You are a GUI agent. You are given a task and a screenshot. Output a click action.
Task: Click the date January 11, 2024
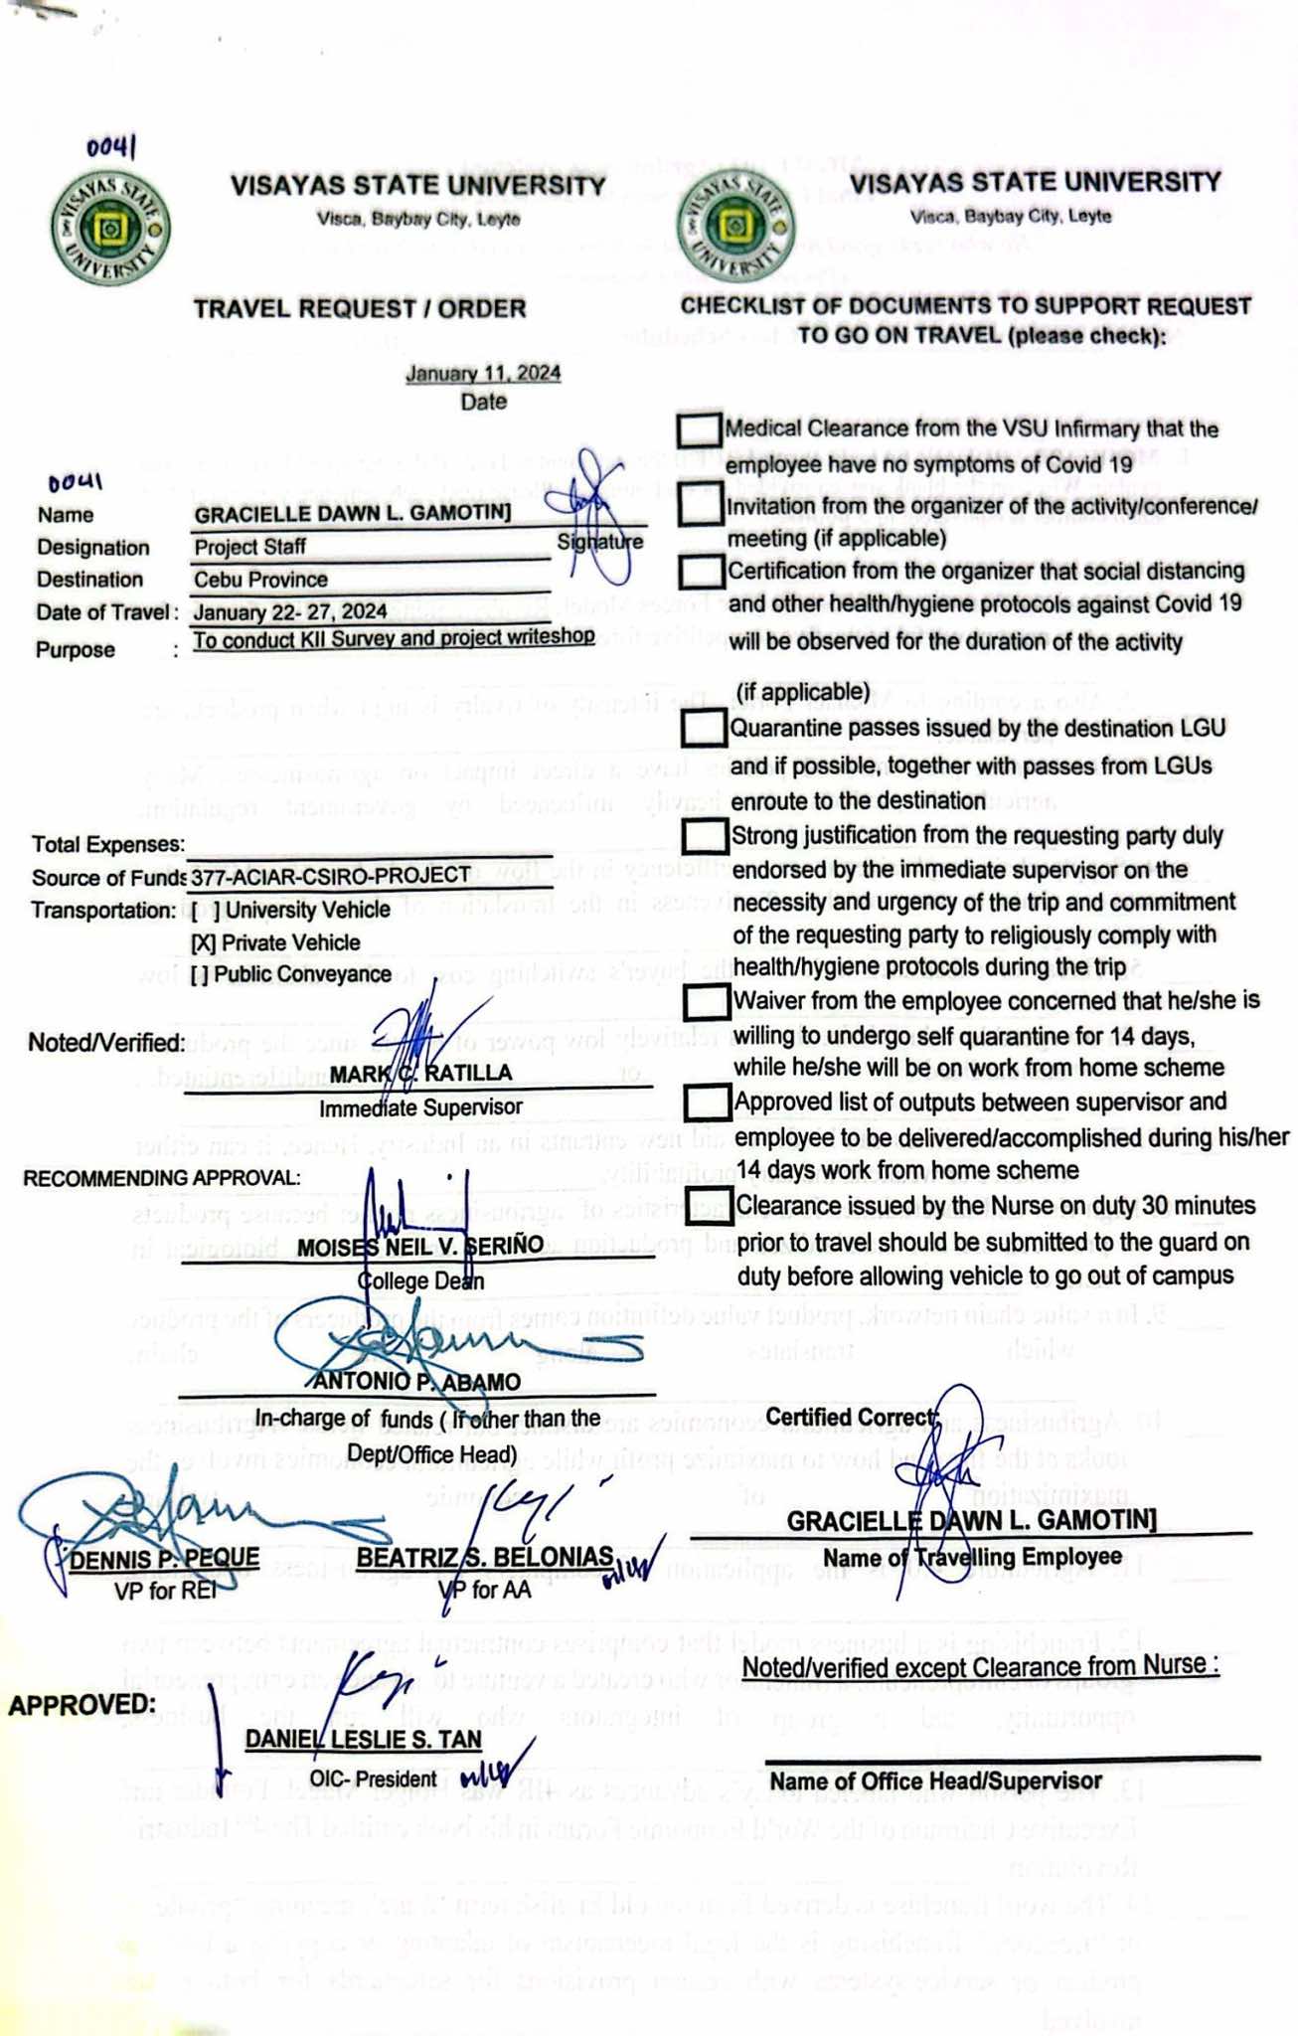(483, 374)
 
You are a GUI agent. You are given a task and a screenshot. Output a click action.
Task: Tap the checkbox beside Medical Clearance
(699, 429)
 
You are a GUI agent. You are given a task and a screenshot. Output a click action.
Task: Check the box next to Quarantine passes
(705, 728)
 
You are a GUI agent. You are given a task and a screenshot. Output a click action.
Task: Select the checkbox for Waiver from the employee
(707, 1001)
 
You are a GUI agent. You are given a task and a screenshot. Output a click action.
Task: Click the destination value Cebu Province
(260, 580)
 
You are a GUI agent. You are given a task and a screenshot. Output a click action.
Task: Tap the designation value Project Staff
(250, 547)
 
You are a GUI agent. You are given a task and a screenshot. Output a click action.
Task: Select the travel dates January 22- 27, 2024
(289, 610)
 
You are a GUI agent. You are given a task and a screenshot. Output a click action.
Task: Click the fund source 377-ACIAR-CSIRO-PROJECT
(331, 876)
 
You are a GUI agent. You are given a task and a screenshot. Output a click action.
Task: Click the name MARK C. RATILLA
(421, 1074)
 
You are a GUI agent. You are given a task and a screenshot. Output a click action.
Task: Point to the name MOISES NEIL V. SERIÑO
(420, 1247)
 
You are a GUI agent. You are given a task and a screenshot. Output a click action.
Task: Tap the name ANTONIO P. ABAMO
(416, 1382)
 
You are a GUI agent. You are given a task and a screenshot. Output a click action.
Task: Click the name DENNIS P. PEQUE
(164, 1557)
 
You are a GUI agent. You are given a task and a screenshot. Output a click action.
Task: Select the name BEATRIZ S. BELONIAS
(484, 1557)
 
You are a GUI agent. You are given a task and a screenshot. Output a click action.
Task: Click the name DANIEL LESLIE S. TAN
(364, 1740)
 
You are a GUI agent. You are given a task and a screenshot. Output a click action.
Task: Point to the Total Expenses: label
(108, 844)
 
